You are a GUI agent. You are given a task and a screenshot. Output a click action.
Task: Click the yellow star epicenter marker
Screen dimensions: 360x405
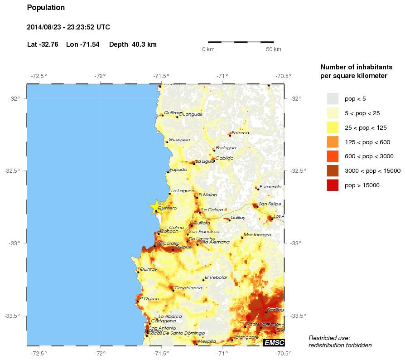click(x=156, y=207)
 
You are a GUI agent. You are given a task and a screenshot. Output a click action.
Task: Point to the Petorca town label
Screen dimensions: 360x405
click(x=240, y=133)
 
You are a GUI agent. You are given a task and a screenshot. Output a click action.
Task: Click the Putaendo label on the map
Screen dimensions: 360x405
click(x=270, y=186)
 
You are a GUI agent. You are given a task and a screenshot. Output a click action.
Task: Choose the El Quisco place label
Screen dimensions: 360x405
click(x=149, y=299)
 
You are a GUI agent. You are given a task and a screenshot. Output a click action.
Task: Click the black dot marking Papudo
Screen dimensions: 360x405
click(x=168, y=172)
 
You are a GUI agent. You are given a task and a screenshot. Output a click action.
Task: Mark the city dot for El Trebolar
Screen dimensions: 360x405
click(x=203, y=280)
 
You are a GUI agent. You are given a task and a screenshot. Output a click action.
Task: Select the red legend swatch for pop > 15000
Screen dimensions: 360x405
click(x=333, y=185)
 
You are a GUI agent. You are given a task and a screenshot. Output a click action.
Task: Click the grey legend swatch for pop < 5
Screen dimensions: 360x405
click(x=333, y=98)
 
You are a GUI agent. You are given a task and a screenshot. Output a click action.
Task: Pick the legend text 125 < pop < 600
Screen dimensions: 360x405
click(x=367, y=142)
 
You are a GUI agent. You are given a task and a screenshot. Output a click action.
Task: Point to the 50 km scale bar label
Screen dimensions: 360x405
click(x=273, y=49)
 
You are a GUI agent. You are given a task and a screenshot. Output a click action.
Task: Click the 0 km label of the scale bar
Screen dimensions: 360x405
click(x=208, y=49)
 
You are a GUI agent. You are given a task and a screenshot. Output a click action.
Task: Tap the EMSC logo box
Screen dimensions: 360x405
click(x=274, y=343)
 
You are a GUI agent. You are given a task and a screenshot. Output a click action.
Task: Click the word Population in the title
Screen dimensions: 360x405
click(x=46, y=8)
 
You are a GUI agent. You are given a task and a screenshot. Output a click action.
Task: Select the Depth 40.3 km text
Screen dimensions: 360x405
click(x=133, y=44)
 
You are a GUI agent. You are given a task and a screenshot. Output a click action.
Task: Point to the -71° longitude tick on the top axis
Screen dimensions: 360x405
click(x=222, y=76)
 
